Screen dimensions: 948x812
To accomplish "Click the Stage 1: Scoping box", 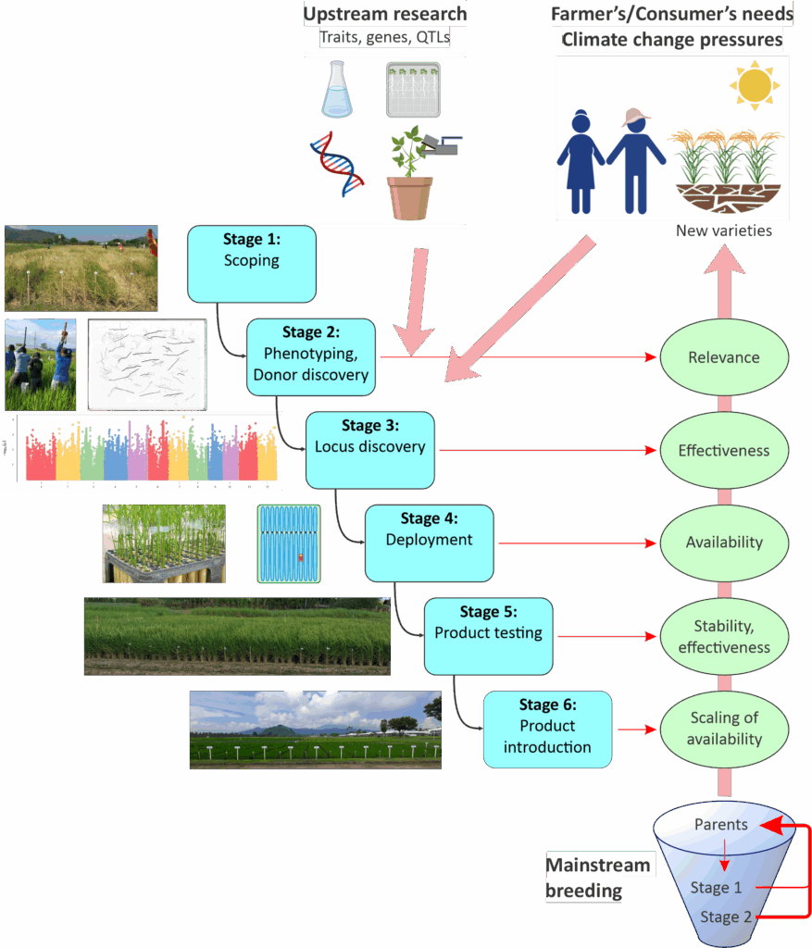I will [x=252, y=264].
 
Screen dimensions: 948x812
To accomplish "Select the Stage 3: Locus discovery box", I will [x=369, y=450].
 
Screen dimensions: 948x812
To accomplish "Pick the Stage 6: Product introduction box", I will [x=547, y=730].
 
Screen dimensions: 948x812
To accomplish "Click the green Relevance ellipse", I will [x=723, y=357].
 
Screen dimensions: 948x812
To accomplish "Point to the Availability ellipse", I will [x=723, y=543].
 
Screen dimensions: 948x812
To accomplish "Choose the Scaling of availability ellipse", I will [x=725, y=730].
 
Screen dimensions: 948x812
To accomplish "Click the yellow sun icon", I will [x=755, y=86].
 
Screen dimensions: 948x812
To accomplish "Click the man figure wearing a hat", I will [x=634, y=159].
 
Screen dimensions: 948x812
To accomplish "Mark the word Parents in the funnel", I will [x=720, y=825].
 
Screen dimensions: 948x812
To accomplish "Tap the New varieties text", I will [x=723, y=231].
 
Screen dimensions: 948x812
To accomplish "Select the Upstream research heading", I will [x=384, y=14].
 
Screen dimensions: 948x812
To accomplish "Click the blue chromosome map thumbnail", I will [x=289, y=543].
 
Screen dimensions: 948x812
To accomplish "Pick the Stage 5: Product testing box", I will [x=488, y=635].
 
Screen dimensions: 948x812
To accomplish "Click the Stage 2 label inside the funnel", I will [x=719, y=917].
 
